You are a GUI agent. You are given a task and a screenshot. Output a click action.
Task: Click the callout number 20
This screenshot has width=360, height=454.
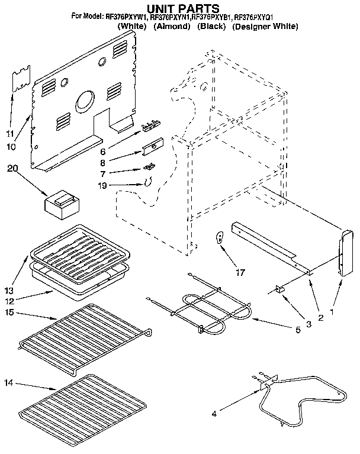(12, 169)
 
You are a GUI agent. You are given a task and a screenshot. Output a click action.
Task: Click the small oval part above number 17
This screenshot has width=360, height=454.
(220, 237)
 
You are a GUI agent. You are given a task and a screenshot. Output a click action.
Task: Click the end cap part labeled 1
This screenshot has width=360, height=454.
(343, 253)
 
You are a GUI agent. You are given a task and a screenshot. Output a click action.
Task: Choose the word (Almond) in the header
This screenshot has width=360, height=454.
(171, 27)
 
